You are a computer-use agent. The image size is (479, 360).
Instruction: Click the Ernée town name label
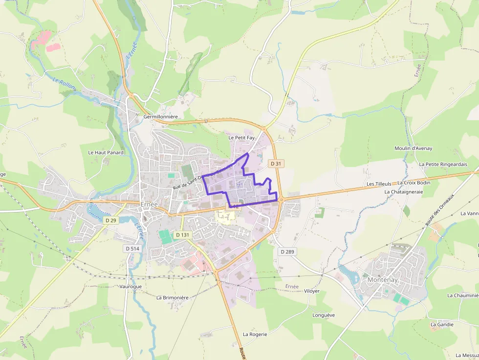coord(149,204)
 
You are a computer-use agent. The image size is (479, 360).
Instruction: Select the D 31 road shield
coord(276,164)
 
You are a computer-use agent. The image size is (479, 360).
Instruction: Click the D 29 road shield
coord(111,220)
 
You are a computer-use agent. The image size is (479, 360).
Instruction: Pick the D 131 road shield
coord(182,235)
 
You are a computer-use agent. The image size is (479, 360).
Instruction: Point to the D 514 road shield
coord(132,249)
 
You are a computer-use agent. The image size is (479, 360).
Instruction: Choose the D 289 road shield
coord(288,251)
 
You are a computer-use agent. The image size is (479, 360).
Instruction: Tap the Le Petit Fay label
coord(241,138)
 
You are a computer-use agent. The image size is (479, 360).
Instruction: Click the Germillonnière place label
coord(160,117)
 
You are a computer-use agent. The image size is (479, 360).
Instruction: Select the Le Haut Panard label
coord(106,152)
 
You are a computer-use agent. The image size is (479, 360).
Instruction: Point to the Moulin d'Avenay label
coord(413,148)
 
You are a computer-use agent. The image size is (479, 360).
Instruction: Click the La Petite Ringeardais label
coord(443,164)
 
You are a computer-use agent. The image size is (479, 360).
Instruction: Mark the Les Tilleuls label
coord(379,184)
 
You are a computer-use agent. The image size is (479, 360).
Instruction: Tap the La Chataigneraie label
coord(403,192)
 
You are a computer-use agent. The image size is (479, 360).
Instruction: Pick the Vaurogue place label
coord(131,286)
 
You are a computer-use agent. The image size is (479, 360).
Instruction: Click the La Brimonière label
coord(172,297)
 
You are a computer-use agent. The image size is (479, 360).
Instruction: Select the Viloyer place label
coord(311,291)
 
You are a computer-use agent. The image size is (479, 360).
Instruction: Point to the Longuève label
coord(324,315)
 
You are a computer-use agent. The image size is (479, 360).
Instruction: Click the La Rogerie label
coord(255,334)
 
